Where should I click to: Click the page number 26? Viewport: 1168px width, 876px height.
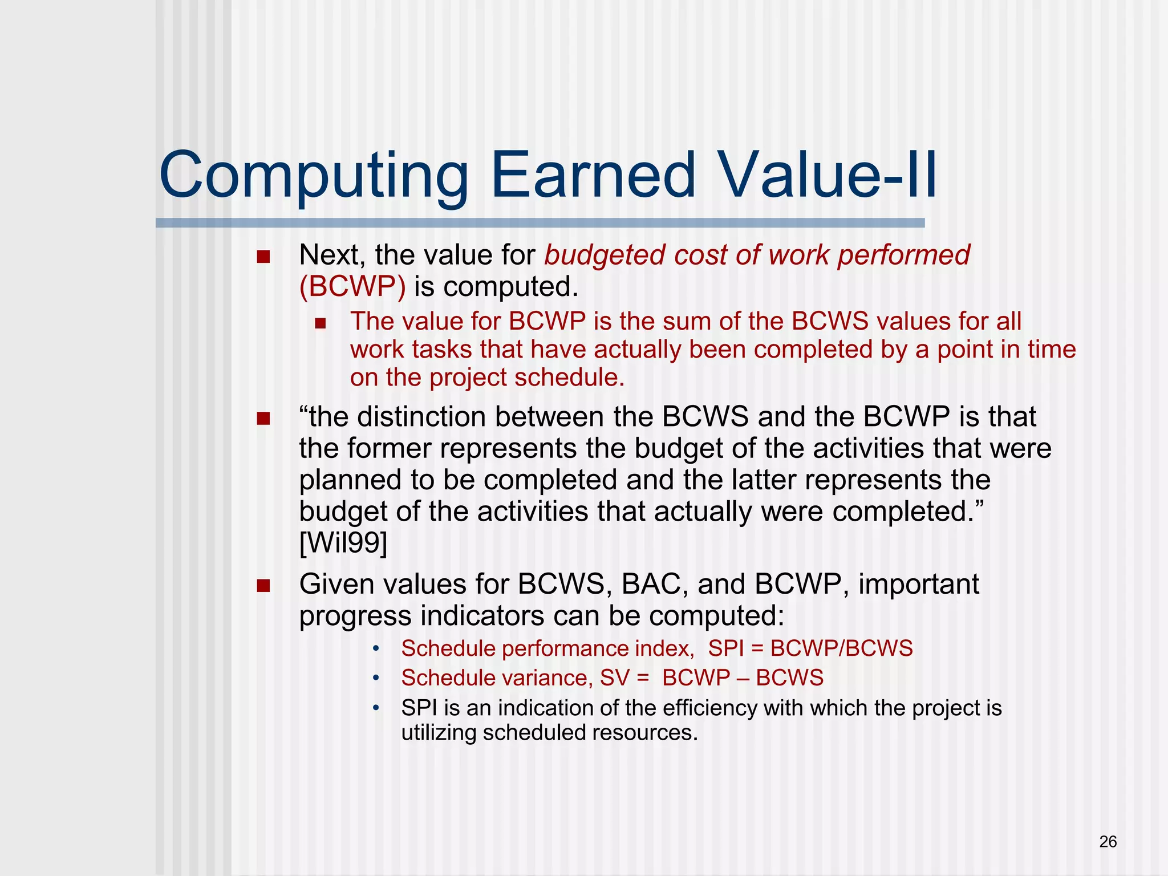point(1108,842)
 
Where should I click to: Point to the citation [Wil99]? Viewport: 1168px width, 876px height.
point(343,542)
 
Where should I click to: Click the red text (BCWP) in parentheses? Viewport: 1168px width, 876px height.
point(352,286)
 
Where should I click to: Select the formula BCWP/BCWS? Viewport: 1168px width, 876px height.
point(841,648)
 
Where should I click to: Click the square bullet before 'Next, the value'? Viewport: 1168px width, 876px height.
point(263,257)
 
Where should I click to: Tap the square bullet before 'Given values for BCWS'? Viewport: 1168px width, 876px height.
point(263,586)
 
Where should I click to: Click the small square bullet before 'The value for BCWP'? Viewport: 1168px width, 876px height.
point(320,323)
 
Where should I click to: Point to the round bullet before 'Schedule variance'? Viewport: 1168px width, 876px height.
point(375,678)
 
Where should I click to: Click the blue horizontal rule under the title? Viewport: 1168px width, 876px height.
point(540,223)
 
